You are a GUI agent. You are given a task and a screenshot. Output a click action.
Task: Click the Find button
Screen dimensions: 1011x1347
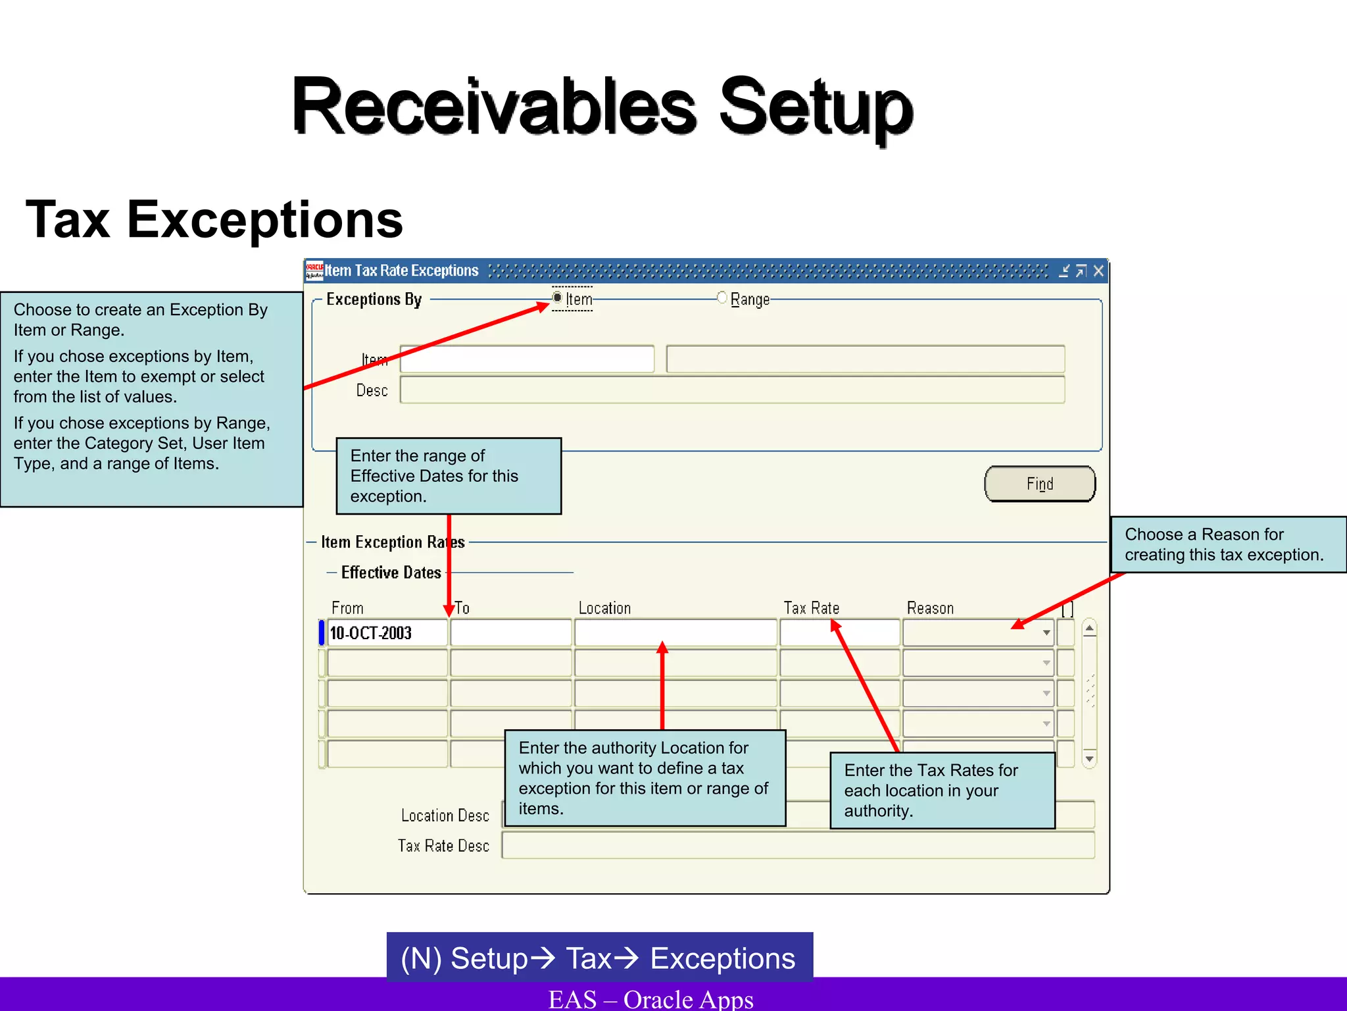1039,484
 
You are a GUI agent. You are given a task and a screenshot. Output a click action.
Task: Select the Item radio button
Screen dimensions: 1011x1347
558,298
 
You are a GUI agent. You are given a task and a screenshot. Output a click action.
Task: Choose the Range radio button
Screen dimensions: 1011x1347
722,298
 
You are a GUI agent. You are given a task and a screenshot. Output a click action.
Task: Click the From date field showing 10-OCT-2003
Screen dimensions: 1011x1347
387,633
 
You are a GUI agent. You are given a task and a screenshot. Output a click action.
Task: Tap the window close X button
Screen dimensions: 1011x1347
1098,271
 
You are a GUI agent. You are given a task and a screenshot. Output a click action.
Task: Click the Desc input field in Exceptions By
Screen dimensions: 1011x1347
731,390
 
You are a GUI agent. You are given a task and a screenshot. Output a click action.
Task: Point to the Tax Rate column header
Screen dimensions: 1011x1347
811,608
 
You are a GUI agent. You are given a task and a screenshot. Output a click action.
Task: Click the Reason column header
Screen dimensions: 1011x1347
930,608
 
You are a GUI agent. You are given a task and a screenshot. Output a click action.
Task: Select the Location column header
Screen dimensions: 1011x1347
604,608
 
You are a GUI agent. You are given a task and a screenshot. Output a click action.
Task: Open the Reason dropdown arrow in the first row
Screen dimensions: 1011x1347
1046,633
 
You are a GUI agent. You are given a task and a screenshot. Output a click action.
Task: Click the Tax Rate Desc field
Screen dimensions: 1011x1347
797,846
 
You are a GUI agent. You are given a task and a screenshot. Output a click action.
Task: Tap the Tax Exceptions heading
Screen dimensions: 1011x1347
214,220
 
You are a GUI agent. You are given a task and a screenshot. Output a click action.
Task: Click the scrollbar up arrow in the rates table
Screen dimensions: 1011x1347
1089,629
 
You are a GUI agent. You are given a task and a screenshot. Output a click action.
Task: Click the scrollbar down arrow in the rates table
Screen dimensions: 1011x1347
1089,759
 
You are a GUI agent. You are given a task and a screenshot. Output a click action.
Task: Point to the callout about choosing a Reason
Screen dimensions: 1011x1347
1227,544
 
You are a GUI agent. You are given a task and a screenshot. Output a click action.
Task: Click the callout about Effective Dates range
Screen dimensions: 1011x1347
449,476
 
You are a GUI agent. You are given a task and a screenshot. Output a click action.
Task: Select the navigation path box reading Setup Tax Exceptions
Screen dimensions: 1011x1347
599,958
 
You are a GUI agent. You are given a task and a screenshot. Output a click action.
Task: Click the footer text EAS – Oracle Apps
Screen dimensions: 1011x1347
650,999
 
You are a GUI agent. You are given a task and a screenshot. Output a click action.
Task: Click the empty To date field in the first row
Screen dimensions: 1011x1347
510,633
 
